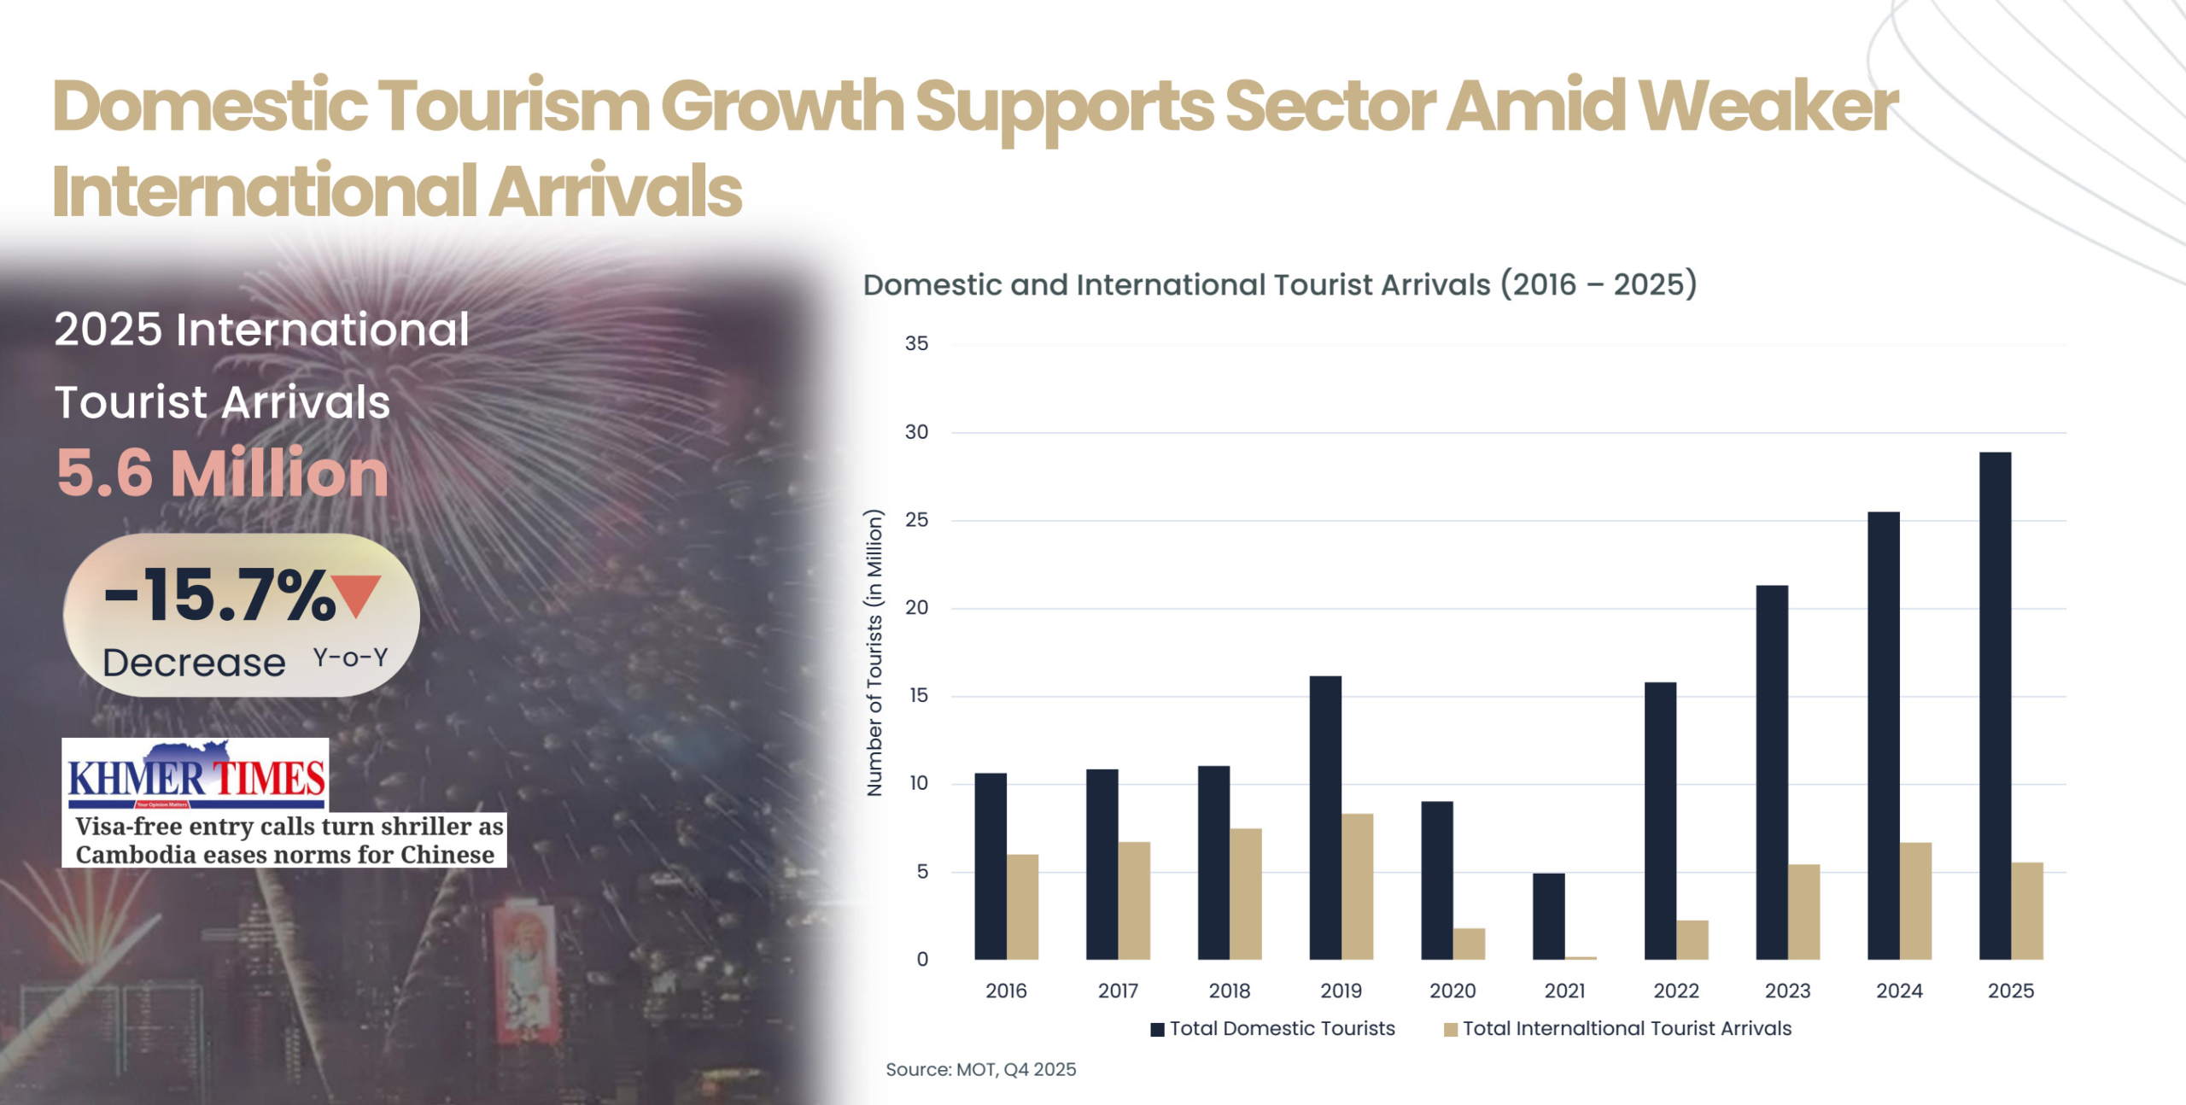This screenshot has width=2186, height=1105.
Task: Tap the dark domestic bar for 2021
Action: [1548, 915]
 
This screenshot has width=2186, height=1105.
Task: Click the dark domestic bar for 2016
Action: [991, 866]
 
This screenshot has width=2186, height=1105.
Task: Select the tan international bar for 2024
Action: [1915, 901]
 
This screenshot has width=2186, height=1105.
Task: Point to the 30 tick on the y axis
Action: [916, 432]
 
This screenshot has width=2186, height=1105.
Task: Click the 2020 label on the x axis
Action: [1452, 991]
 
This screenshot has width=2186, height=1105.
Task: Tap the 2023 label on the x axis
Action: [1787, 991]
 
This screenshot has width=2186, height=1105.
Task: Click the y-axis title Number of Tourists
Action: [874, 653]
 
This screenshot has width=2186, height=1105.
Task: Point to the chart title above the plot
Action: [1279, 284]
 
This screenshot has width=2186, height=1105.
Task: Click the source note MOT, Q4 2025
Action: [980, 1069]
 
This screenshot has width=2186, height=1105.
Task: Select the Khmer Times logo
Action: [196, 775]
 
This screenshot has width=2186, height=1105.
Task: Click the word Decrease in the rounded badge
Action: [194, 663]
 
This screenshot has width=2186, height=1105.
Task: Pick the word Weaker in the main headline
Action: [1768, 106]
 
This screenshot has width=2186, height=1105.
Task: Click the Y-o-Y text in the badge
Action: [350, 658]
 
